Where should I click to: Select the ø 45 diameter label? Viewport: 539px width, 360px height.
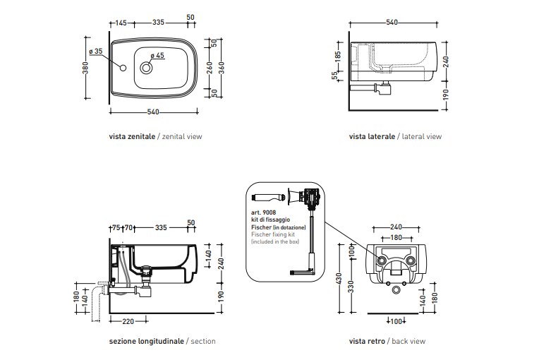[157, 55]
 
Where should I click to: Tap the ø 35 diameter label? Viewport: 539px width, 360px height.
[96, 51]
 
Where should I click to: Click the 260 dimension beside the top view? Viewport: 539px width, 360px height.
[209, 68]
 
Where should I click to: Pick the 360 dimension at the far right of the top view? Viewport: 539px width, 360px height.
[222, 68]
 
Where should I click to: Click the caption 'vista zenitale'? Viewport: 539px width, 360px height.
[132, 136]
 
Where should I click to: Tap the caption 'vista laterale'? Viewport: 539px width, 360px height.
[372, 136]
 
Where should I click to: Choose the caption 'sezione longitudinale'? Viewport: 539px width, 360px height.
[147, 341]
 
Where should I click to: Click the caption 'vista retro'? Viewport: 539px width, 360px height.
[367, 341]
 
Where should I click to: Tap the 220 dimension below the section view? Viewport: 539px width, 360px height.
[128, 322]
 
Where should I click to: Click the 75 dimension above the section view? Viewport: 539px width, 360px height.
[116, 227]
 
